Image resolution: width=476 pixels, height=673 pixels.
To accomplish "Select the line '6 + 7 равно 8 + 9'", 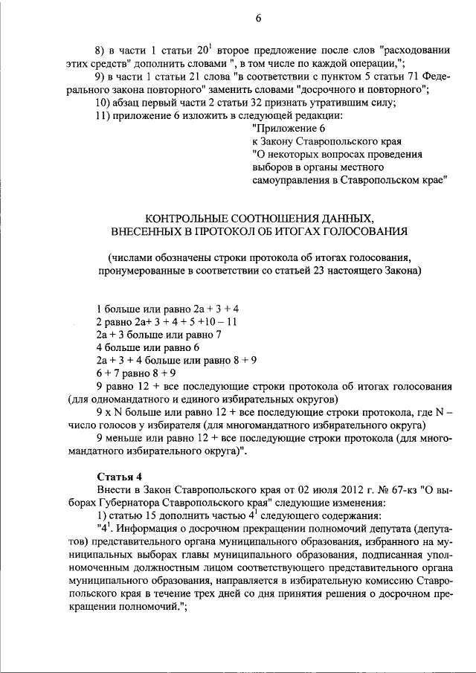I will (136, 373).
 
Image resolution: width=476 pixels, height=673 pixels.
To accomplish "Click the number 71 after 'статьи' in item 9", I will (413, 77).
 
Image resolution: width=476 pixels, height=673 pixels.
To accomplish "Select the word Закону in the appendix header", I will (283, 141).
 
